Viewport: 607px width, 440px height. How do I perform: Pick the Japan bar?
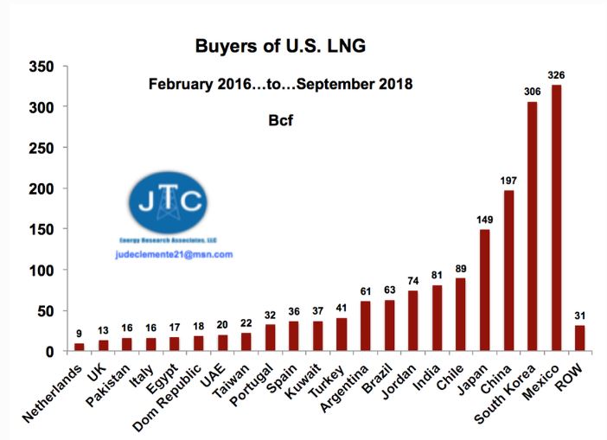point(485,290)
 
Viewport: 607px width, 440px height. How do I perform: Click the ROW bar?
point(580,338)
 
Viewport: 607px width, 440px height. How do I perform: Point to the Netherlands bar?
point(80,348)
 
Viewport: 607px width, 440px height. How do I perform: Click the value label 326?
point(556,76)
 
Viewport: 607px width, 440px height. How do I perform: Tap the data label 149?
point(485,220)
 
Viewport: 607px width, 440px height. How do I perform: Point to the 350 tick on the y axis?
point(42,67)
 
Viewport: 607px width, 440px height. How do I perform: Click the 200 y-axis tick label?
point(42,188)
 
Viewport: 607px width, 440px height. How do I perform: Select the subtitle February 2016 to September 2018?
point(280,85)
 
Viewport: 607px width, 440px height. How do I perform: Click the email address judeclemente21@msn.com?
point(174,255)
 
